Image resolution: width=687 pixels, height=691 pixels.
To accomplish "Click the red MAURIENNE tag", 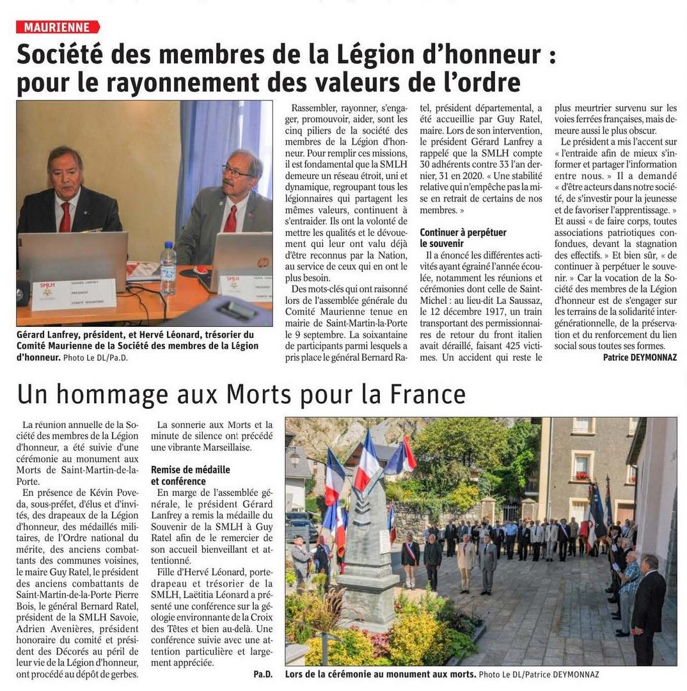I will (x=58, y=27).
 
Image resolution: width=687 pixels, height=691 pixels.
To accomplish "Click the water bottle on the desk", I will (x=168, y=268).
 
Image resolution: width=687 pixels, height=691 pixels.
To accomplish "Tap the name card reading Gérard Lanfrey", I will (x=74, y=294).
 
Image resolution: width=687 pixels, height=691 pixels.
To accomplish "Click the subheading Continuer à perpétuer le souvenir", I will (x=463, y=237).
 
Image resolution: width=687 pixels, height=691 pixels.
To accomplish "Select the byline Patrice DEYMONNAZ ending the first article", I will (x=639, y=357).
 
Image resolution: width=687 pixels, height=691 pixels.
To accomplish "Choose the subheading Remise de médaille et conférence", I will (x=190, y=475).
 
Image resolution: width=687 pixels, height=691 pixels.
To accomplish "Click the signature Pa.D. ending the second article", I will (x=262, y=674).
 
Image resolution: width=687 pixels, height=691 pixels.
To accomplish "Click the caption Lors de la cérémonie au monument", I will (x=380, y=674).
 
